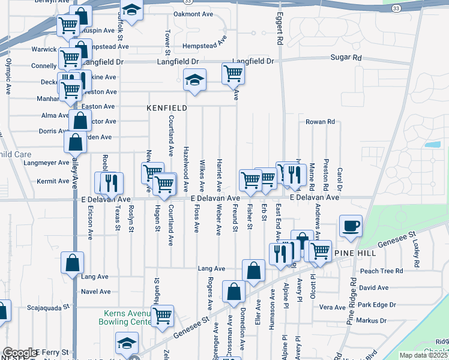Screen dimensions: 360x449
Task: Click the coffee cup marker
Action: tap(351, 226)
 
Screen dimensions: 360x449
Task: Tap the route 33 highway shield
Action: tap(396, 8)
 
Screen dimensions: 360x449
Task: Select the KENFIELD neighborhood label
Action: tap(167, 108)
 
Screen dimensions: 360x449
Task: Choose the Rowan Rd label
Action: tap(320, 122)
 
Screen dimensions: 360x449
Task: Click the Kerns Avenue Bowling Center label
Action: tap(131, 317)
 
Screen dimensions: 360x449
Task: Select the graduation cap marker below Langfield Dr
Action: tap(194, 79)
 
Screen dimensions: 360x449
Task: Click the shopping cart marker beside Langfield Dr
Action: tap(233, 74)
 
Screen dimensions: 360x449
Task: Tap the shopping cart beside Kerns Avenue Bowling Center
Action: tap(162, 315)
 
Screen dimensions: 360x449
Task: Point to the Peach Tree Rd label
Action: tap(381, 271)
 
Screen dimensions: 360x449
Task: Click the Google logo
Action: tap(19, 352)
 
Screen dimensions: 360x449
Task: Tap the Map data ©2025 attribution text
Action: tap(423, 355)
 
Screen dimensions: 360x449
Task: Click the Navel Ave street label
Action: tap(96, 292)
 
